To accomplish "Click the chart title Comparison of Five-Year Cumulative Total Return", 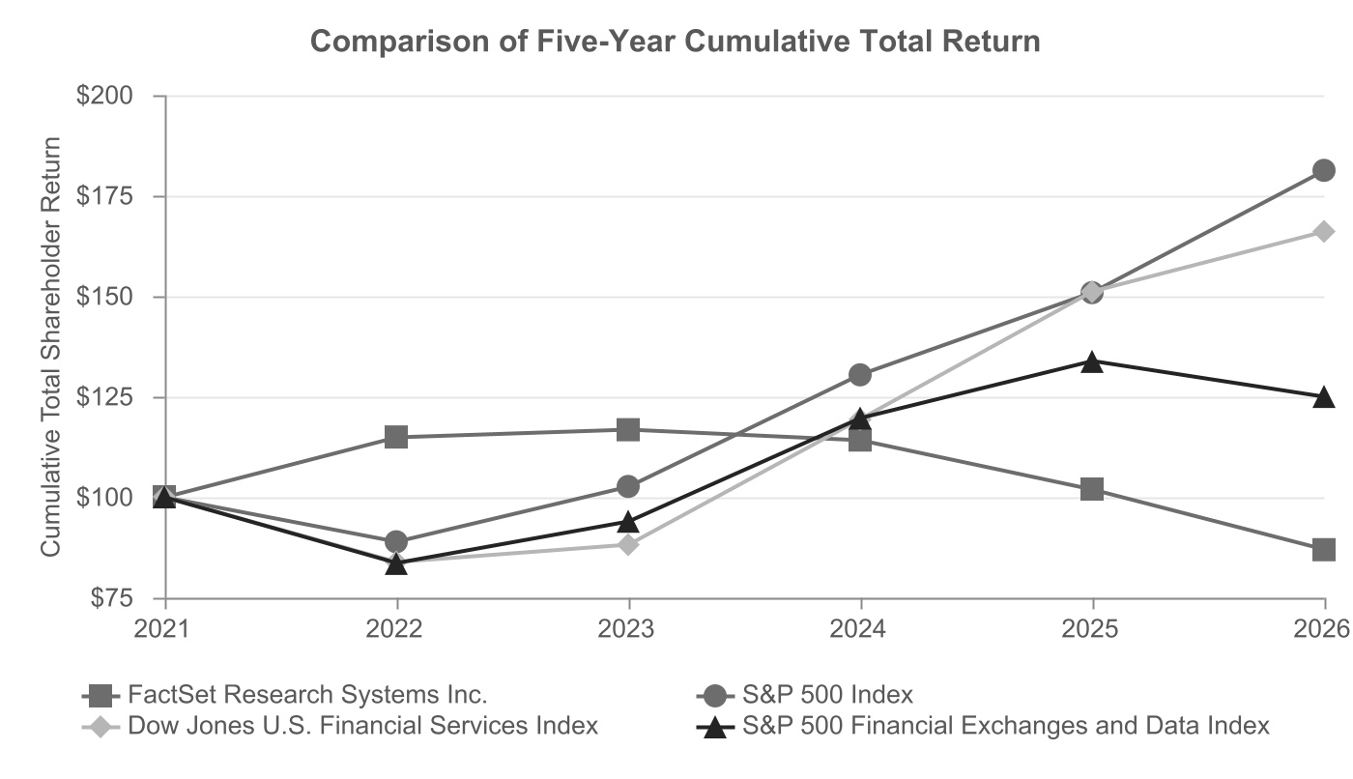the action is click(x=675, y=42).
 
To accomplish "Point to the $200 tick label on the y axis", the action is click(x=105, y=96).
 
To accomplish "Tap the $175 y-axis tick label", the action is click(x=105, y=196).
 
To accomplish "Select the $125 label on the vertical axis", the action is click(x=105, y=397).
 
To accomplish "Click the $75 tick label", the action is click(x=112, y=598).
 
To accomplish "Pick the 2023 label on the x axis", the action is click(x=626, y=629).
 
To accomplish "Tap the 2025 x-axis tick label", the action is click(x=1090, y=629).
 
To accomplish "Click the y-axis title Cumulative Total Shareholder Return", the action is click(x=50, y=347).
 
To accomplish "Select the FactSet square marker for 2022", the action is click(x=396, y=437).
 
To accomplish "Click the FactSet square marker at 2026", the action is click(x=1323, y=550).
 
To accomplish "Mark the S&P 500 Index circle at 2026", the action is click(x=1323, y=171).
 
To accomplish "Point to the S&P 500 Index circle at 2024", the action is click(x=860, y=375).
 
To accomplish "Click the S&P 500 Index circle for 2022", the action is click(x=396, y=541).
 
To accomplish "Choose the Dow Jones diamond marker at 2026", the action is click(x=1323, y=231).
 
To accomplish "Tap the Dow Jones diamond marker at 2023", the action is click(x=628, y=545).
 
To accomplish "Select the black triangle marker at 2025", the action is click(x=1092, y=362).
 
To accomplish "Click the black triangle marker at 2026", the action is click(x=1323, y=397).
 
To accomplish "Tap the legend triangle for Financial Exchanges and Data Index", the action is click(x=716, y=727).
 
